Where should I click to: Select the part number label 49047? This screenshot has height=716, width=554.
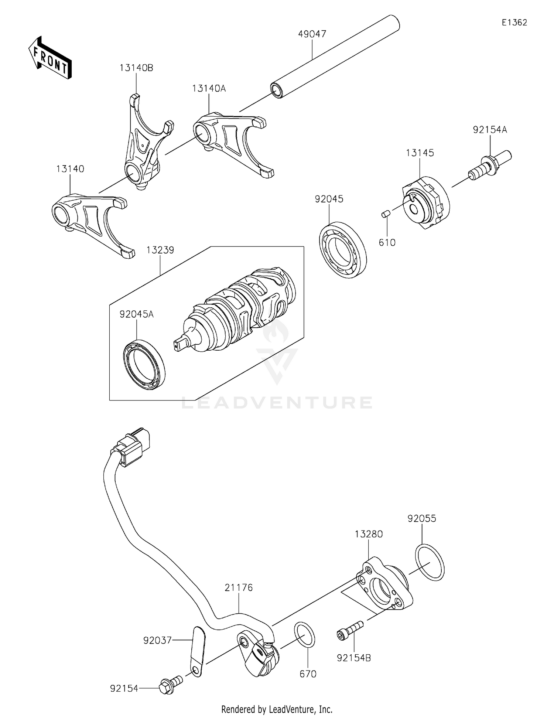pyautogui.click(x=312, y=34)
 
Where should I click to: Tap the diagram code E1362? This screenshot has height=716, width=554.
pyautogui.click(x=514, y=23)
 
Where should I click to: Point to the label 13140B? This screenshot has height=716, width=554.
pyautogui.click(x=136, y=68)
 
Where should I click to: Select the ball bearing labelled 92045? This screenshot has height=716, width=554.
pyautogui.click(x=343, y=250)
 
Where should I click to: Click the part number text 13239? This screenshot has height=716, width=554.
pyautogui.click(x=160, y=250)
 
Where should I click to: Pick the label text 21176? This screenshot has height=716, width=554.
pyautogui.click(x=239, y=587)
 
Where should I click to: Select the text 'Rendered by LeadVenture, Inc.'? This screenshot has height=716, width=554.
pyautogui.click(x=277, y=709)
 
